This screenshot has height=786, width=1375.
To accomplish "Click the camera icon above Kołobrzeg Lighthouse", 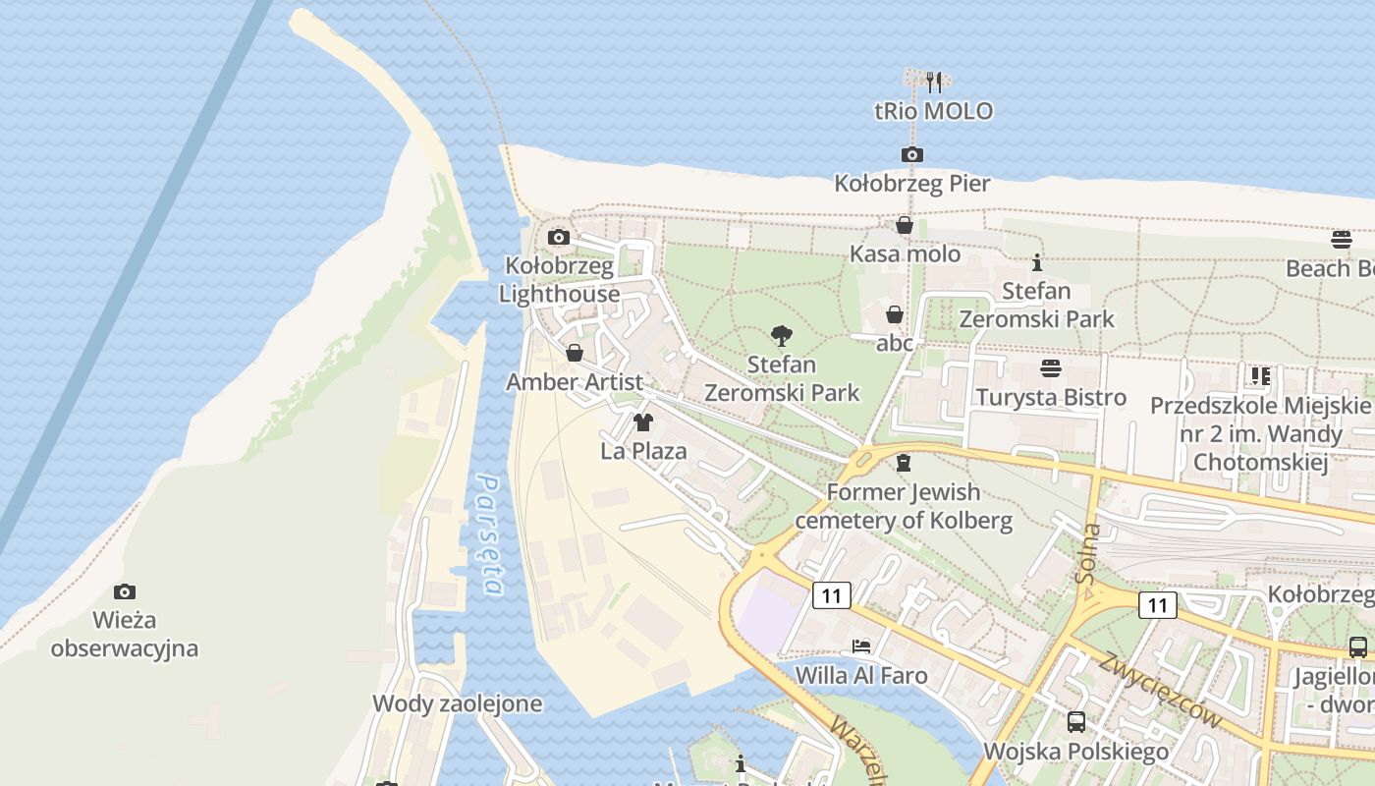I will point(558,237).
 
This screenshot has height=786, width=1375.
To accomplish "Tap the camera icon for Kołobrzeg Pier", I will point(911,154).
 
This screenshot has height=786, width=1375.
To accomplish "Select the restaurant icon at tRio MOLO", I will point(934,82).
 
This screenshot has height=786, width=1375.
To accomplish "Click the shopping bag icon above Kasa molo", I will point(904,225).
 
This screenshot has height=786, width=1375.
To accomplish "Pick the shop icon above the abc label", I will point(895,314).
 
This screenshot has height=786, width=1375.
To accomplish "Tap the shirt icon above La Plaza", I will point(643,422).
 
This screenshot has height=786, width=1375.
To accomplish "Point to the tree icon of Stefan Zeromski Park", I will point(782,336).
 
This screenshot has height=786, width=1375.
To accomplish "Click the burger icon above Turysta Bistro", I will point(1050,368).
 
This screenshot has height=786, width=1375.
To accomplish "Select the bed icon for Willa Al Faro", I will point(860,646).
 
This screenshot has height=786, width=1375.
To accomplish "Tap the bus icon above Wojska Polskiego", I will point(1075,722).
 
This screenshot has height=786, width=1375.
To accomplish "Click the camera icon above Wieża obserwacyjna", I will point(124,591).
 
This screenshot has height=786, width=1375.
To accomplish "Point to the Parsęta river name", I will point(489,535).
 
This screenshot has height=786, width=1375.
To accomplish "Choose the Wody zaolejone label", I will point(457,703).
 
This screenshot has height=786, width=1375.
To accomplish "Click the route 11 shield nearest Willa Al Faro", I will point(831,594).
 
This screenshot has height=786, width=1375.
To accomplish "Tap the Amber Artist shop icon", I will point(575,353).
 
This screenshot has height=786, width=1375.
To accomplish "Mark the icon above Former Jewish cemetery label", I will point(904,462).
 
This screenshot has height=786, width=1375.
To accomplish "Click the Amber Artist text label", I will point(575,382).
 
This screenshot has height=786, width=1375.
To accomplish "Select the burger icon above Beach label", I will point(1342,239).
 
